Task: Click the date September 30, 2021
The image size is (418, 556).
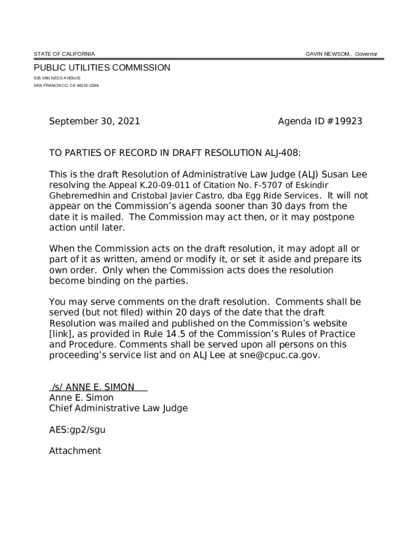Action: coord(94,122)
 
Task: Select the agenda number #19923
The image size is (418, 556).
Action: coord(344,122)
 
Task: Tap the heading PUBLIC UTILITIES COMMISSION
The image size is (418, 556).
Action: coord(102,68)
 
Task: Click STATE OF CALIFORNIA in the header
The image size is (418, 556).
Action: coord(64,54)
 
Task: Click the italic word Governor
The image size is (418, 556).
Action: coord(366,54)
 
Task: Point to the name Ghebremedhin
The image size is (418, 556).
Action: coord(80,195)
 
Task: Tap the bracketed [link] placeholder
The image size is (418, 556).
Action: coord(61,334)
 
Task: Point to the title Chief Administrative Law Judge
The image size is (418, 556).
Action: coord(118,408)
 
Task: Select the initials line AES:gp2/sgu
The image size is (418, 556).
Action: coord(77,429)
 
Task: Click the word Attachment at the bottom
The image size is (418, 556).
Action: coord(75,451)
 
